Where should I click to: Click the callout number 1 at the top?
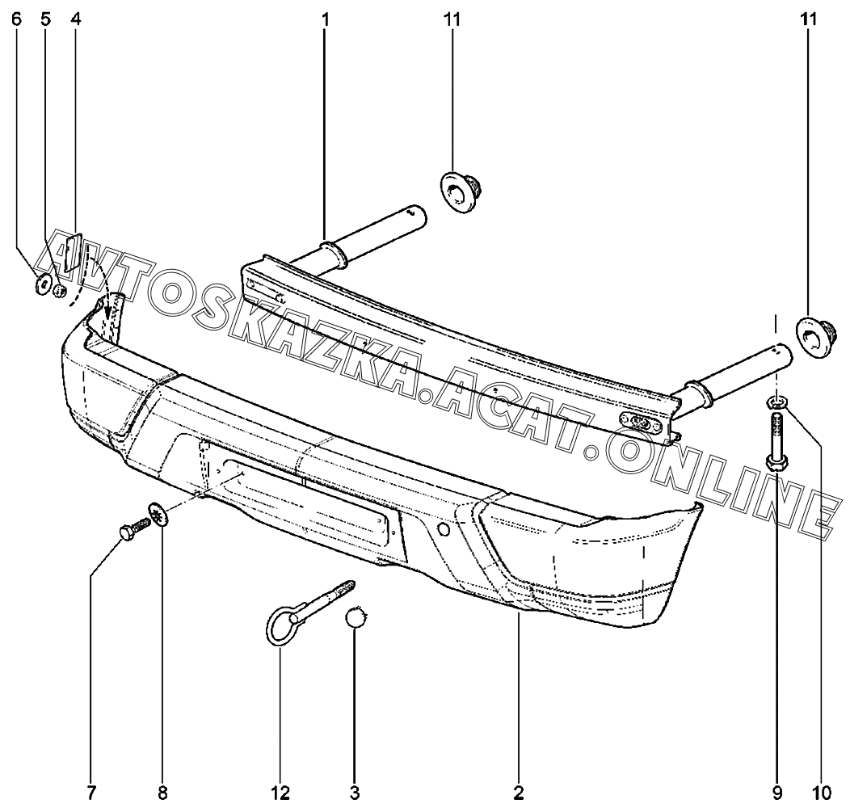tap(325, 19)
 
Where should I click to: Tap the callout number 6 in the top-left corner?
tap(16, 19)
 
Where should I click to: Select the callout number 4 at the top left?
tap(75, 19)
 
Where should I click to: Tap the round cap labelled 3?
tap(356, 619)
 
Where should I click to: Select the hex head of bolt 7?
tap(126, 533)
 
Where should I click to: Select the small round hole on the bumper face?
tap(442, 529)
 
